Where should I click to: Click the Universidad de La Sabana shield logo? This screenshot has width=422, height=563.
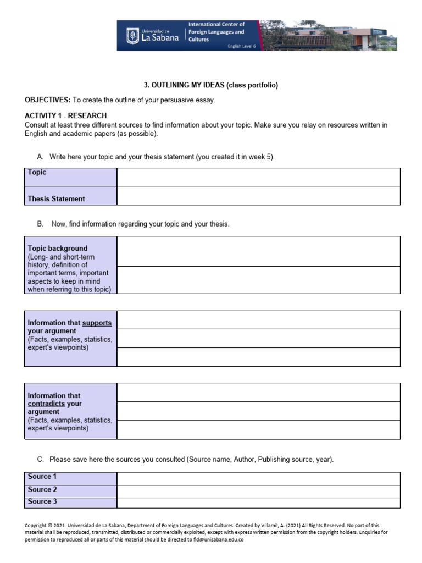coord(132,36)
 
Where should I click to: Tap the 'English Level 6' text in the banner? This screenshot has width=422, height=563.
coord(242,46)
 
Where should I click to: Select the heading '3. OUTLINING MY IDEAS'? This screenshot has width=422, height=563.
coord(211,85)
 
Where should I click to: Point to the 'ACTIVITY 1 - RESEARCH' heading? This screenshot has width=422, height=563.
coord(66,116)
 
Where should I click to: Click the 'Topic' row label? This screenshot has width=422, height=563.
coord(37,173)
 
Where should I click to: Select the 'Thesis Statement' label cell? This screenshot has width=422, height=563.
coord(57,199)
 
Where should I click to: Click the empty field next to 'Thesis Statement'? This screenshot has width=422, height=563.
coord(258,196)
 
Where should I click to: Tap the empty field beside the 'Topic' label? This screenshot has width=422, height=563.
coord(258,177)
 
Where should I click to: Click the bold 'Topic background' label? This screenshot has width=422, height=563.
coord(58,249)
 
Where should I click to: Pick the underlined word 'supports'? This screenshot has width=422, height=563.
coord(97,323)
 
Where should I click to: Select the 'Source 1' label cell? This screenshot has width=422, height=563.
coord(42,477)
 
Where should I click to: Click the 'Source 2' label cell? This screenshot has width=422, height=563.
coord(42,489)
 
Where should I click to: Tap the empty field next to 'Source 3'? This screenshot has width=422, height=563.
coord(258,503)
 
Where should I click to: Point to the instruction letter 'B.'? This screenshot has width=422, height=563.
coord(40,224)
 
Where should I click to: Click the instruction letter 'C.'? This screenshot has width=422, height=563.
coord(40,459)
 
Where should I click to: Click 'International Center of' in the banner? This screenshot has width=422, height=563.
coord(216,25)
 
